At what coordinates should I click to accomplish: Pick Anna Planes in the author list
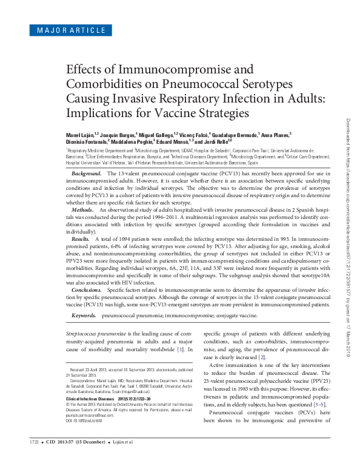pos(275,133)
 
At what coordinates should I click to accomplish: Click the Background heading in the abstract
pos(85,173)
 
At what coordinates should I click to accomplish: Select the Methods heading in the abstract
pos(84,209)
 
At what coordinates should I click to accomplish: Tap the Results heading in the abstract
pos(81,240)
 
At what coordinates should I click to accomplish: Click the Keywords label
pos(84,316)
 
